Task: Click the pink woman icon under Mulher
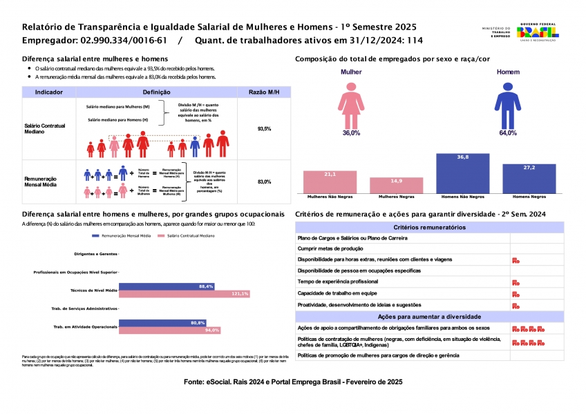coord(351,103)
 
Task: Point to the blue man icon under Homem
coord(507,103)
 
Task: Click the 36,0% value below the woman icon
coord(351,132)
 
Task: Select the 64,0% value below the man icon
coord(507,132)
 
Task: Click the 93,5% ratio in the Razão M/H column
coord(264,129)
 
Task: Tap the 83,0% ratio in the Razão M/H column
coord(264,181)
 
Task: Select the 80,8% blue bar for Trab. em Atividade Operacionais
coord(163,323)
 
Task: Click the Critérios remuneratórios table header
coord(429,227)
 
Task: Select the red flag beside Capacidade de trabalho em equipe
coord(516,294)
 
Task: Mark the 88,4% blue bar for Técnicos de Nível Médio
coord(167,286)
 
